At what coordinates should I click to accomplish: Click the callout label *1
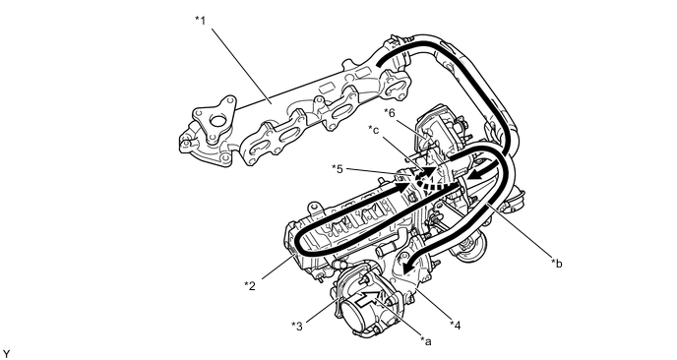(x=200, y=21)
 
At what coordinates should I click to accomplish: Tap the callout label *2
(x=250, y=285)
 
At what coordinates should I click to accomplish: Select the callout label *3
(x=297, y=326)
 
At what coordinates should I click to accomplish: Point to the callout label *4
(x=455, y=325)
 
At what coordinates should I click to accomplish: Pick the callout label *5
(x=338, y=169)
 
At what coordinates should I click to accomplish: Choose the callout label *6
(x=390, y=113)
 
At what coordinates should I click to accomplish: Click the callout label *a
(x=426, y=341)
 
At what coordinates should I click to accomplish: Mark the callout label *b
(x=557, y=263)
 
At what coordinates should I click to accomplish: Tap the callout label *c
(x=374, y=129)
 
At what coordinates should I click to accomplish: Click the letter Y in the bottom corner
(x=6, y=354)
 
